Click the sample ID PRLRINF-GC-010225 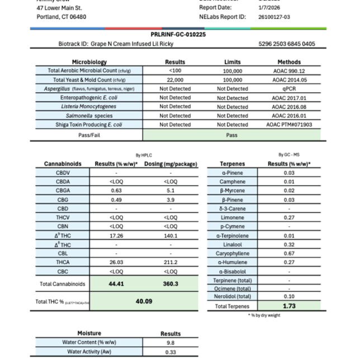click(x=178, y=34)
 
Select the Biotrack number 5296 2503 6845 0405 click(x=287, y=43)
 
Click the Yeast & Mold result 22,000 click(x=175, y=80)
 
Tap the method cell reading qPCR click(x=288, y=89)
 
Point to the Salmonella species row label click(x=89, y=116)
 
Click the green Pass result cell click(x=232, y=135)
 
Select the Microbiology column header click(x=89, y=62)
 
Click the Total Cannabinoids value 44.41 click(x=116, y=283)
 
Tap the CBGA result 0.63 click(x=116, y=191)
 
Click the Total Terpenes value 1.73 click(x=289, y=306)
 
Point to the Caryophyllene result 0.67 click(x=289, y=253)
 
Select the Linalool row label click(x=231, y=244)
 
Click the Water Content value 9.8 click(x=170, y=343)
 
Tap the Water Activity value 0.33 click(x=170, y=352)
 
